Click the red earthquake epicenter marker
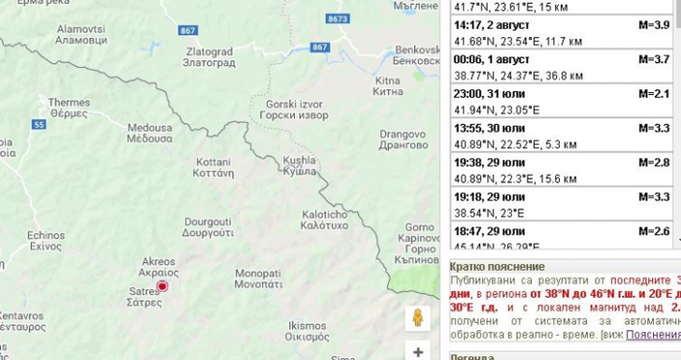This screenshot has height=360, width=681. pos(162,286)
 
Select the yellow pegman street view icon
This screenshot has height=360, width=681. pos(418,318)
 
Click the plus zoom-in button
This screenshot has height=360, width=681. pos(418,352)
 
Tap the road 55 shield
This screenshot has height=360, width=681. pos(39,124)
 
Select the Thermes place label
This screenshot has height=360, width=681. pos(69,108)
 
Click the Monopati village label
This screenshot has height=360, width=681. pos(258,279)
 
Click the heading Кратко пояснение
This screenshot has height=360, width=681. pos(498,267)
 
